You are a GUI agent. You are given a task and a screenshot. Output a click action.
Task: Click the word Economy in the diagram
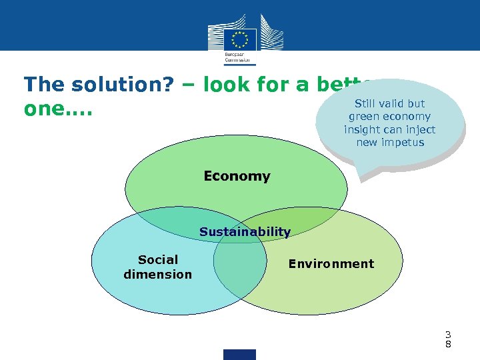tap(237, 176)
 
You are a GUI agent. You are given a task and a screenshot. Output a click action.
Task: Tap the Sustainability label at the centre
tap(245, 232)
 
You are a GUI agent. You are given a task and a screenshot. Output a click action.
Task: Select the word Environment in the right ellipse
tap(331, 263)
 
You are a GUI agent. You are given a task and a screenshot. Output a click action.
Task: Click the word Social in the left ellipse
tap(158, 260)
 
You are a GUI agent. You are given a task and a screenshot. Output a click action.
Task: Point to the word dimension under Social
tap(157, 274)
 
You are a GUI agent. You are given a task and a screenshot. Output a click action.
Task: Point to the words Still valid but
tap(390, 104)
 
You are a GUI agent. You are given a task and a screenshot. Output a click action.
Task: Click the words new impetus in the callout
tap(390, 142)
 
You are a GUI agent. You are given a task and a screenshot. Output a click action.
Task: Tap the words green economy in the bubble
tap(390, 117)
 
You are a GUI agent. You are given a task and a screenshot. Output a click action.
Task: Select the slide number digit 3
tap(449, 334)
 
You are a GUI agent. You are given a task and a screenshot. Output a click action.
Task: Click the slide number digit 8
tap(449, 344)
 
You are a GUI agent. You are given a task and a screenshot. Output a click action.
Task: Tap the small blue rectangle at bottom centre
tap(239, 354)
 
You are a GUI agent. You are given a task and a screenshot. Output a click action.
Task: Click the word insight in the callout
tap(363, 129)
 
